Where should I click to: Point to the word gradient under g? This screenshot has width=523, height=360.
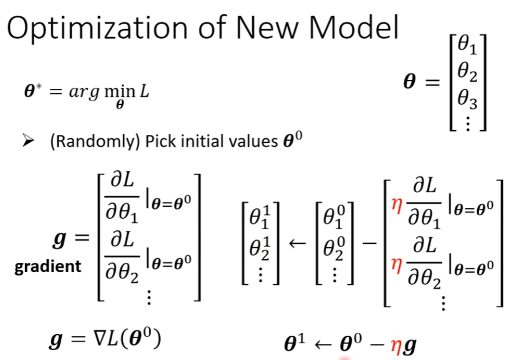48,266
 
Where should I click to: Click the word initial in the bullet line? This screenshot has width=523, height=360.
194,142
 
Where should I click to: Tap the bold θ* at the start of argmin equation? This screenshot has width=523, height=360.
31,93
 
